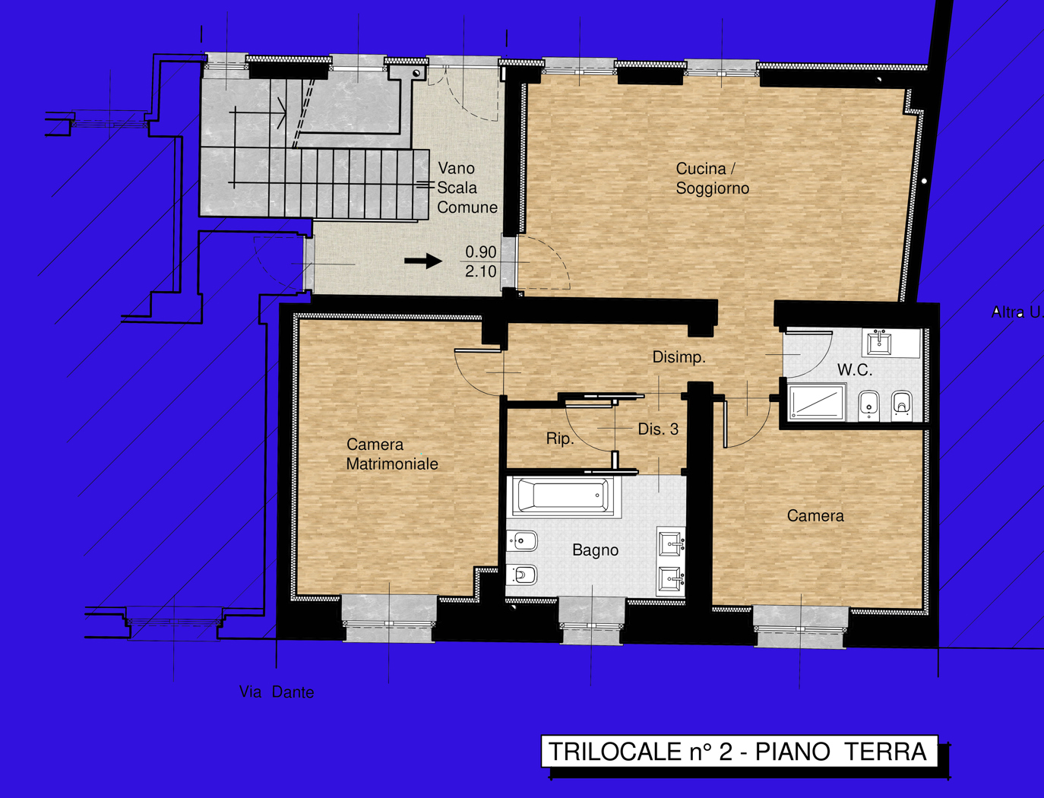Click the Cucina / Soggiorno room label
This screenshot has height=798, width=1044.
point(712,179)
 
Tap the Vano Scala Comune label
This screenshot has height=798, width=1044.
point(467,188)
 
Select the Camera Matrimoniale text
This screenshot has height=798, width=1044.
point(392,454)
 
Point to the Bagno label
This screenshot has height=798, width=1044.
point(595,550)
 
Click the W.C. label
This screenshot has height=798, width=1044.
point(854,371)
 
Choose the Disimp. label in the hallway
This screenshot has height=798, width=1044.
point(679,357)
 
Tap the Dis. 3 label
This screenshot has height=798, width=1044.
point(658,429)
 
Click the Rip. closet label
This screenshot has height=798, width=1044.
point(560,439)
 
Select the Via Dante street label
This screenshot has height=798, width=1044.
point(277,692)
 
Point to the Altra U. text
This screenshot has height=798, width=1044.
point(1017,312)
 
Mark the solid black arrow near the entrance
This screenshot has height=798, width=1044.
point(423,261)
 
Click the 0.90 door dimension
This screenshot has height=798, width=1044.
point(481,252)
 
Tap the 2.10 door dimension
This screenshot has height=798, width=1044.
point(481,271)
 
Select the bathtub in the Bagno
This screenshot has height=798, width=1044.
point(563,496)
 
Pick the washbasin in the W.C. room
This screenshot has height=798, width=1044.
point(880,343)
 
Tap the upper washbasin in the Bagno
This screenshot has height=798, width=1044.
point(671,543)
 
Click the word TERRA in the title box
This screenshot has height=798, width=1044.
point(886,752)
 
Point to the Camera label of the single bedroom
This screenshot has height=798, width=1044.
point(815,516)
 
